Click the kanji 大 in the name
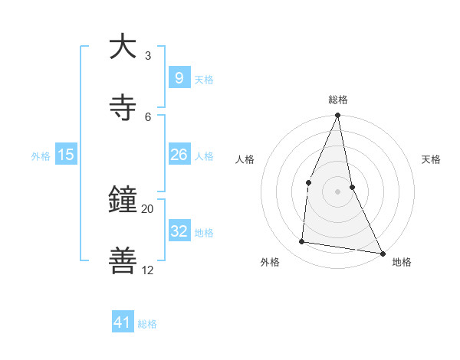123,47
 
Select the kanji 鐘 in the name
123,201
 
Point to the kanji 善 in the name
123,260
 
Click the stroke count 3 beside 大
147,56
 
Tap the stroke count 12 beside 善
147,270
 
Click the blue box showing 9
179,78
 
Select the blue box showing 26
179,155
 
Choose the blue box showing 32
179,231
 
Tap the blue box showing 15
66,155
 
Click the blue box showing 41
123,322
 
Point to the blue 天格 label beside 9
204,80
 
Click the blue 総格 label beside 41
147,324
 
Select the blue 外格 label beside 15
41,156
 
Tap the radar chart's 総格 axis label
338,100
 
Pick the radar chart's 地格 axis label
402,263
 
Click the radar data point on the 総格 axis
337,116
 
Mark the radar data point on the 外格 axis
302,242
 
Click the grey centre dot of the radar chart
337,191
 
